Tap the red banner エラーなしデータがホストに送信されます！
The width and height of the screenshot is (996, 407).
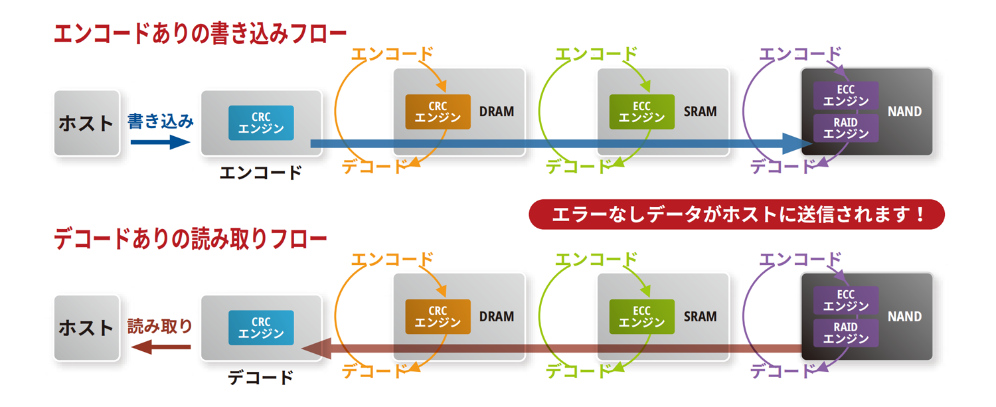pos(736,214)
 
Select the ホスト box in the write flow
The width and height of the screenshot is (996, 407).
pos(86,123)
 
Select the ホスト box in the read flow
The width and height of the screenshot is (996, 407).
pos(86,328)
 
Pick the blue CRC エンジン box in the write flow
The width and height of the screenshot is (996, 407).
pos(261,123)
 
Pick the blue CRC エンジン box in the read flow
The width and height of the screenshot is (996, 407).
pos(261,327)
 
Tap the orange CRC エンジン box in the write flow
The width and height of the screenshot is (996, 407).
pos(438,112)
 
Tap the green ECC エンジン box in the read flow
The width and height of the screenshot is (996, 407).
pos(641,316)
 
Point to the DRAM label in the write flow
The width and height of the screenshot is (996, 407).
pos(497,112)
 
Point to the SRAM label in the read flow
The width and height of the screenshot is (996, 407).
pos(701,316)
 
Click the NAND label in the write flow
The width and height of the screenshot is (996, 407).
pos(904,112)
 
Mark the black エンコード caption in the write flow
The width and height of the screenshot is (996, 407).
pos(260,173)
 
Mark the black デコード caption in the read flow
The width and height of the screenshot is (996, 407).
pos(260,377)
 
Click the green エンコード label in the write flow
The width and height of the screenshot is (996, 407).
pos(596,54)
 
